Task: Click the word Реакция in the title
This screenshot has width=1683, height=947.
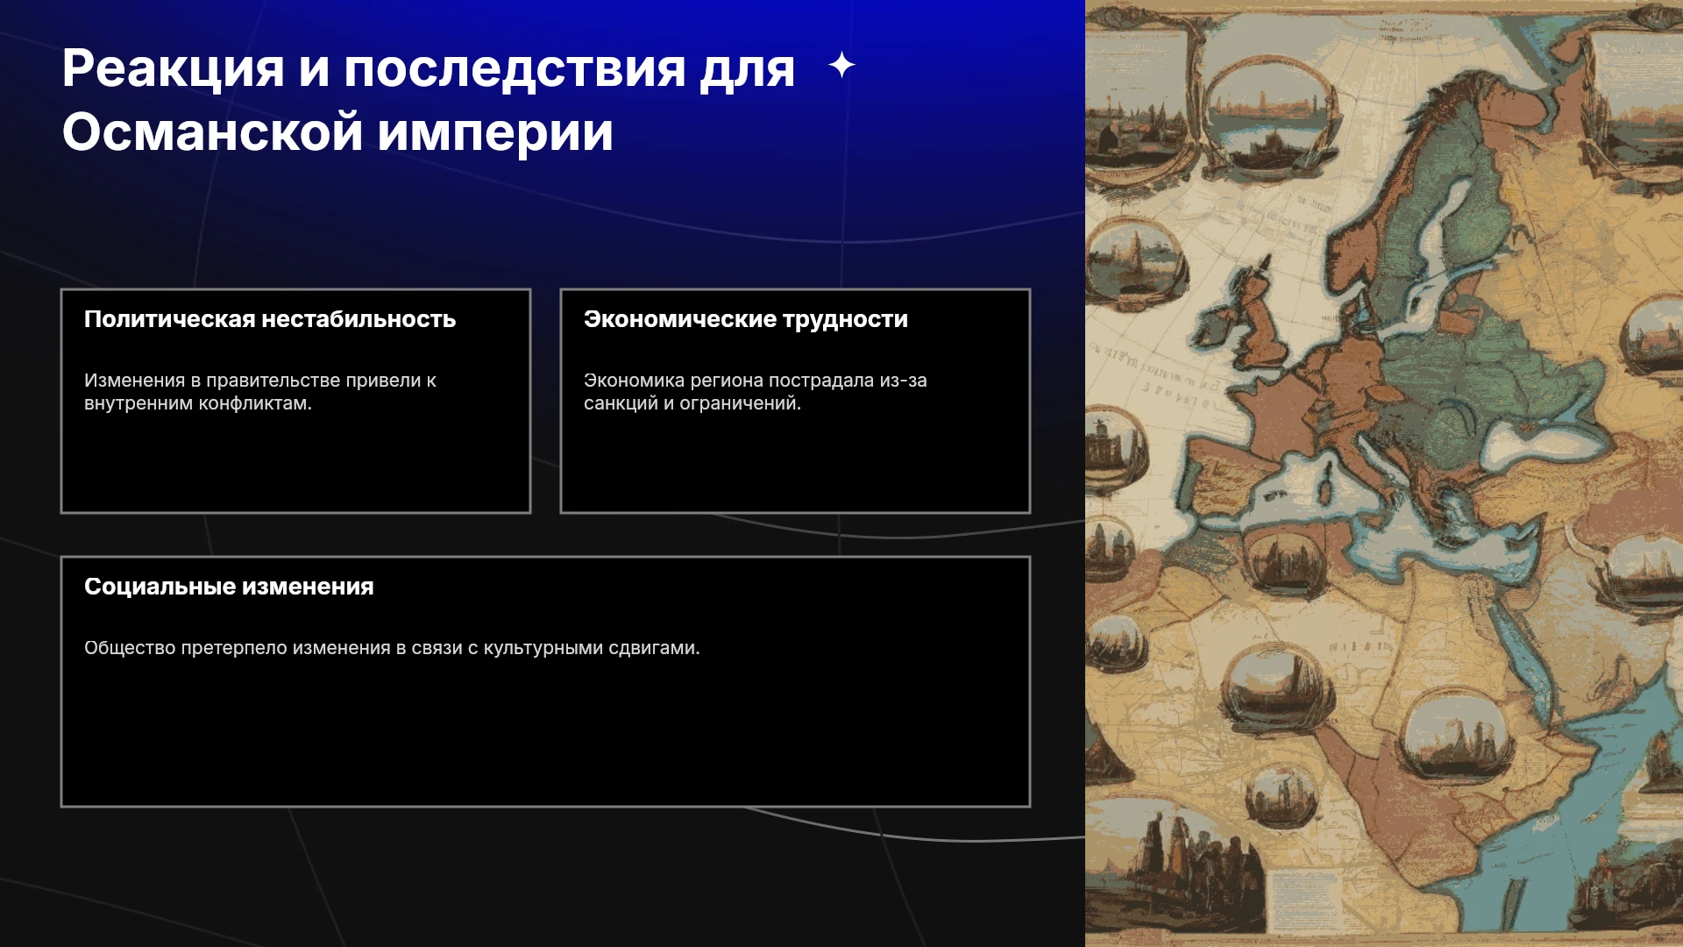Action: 174,70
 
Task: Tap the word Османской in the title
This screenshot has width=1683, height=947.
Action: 212,132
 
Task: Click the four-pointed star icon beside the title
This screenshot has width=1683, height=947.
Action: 841,65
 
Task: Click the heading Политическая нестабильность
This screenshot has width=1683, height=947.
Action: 270,319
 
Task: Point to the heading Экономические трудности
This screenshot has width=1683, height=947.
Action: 746,319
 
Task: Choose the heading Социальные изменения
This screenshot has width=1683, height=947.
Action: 229,587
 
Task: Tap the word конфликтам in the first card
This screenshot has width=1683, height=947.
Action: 255,403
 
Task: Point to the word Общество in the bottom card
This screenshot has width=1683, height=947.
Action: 130,648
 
